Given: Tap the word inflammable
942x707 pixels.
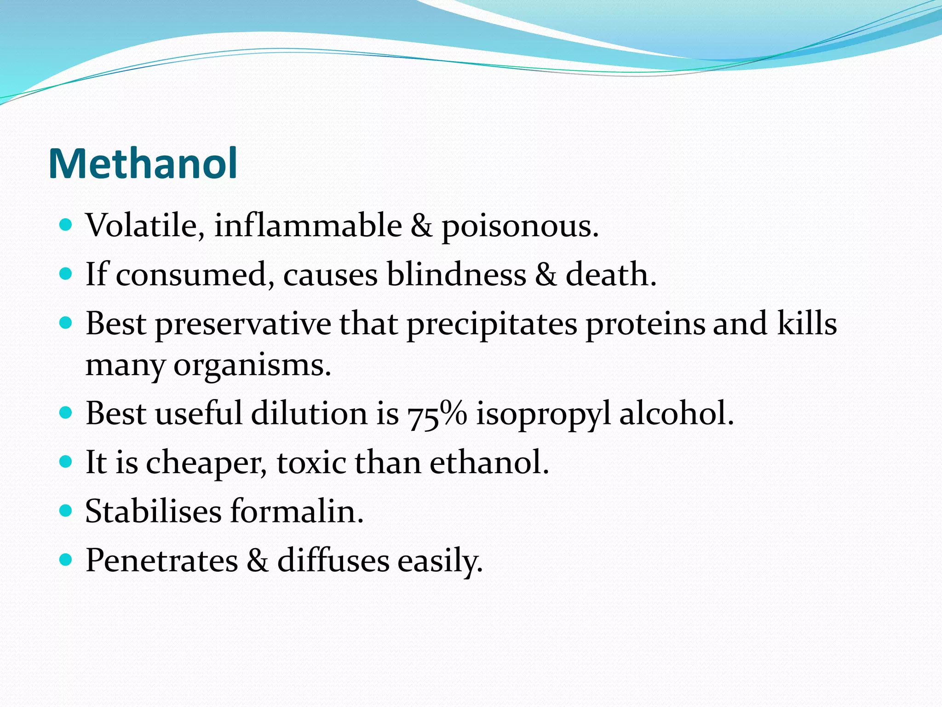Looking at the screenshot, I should click(x=308, y=226).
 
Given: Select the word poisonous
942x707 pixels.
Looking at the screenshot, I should click(x=520, y=226).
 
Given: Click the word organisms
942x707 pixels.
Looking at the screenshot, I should click(x=252, y=366).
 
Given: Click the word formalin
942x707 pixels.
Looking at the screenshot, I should click(x=297, y=511).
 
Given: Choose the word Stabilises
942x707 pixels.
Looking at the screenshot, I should click(x=153, y=511).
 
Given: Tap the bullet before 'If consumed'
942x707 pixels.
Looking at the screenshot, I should click(x=66, y=274).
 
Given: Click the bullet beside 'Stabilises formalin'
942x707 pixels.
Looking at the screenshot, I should click(x=66, y=510).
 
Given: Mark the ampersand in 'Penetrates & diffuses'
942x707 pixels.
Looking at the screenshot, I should click(x=257, y=561).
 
